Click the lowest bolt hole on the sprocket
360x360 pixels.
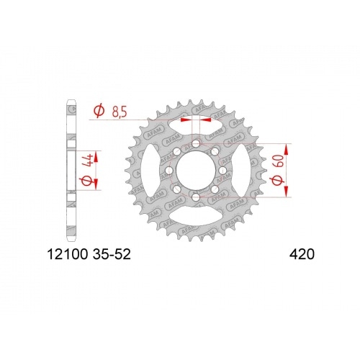click(195, 195)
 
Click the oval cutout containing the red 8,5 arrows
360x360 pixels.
click(195, 127)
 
